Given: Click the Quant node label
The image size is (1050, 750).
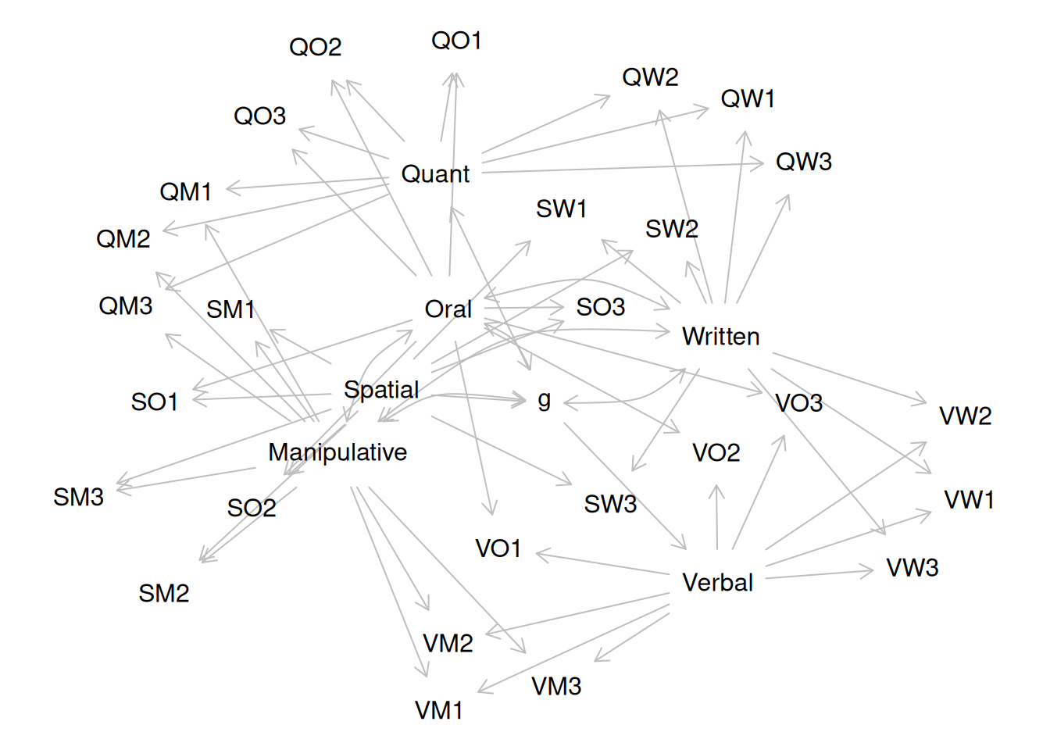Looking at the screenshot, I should coord(435,173).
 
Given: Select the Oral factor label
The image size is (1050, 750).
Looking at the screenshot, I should coord(448,309).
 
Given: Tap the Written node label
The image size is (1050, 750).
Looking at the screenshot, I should coord(720,336).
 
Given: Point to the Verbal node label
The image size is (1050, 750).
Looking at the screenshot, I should coord(717,582).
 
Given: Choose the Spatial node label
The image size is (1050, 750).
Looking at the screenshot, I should coord(381,389).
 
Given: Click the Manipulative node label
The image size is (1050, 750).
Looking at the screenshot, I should coord(337,452).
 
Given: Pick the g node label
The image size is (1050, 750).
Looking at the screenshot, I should coord(545,400).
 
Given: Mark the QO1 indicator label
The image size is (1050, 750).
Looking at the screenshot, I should coord(456,41).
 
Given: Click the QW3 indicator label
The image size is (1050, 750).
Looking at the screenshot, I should coord(803,162).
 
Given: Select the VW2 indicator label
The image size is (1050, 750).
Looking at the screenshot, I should coord(965,416).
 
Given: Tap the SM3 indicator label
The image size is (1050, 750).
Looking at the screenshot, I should coord(78,497).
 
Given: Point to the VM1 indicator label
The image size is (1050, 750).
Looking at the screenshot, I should coord(438,710).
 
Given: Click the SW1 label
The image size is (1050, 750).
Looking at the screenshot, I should coord(561,209).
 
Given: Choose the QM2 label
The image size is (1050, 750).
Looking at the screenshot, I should coord(123,238).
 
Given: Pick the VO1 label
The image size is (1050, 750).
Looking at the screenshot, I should coord(498,548).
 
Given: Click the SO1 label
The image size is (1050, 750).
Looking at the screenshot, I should coord(154,402).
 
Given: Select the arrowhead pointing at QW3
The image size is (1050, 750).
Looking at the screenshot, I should coord(762,164).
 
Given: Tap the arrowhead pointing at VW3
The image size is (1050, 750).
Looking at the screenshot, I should coord(871,571).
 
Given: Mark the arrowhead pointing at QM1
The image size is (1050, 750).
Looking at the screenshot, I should coord(228,188).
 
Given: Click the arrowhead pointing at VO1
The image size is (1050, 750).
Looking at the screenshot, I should coord(538,554).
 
